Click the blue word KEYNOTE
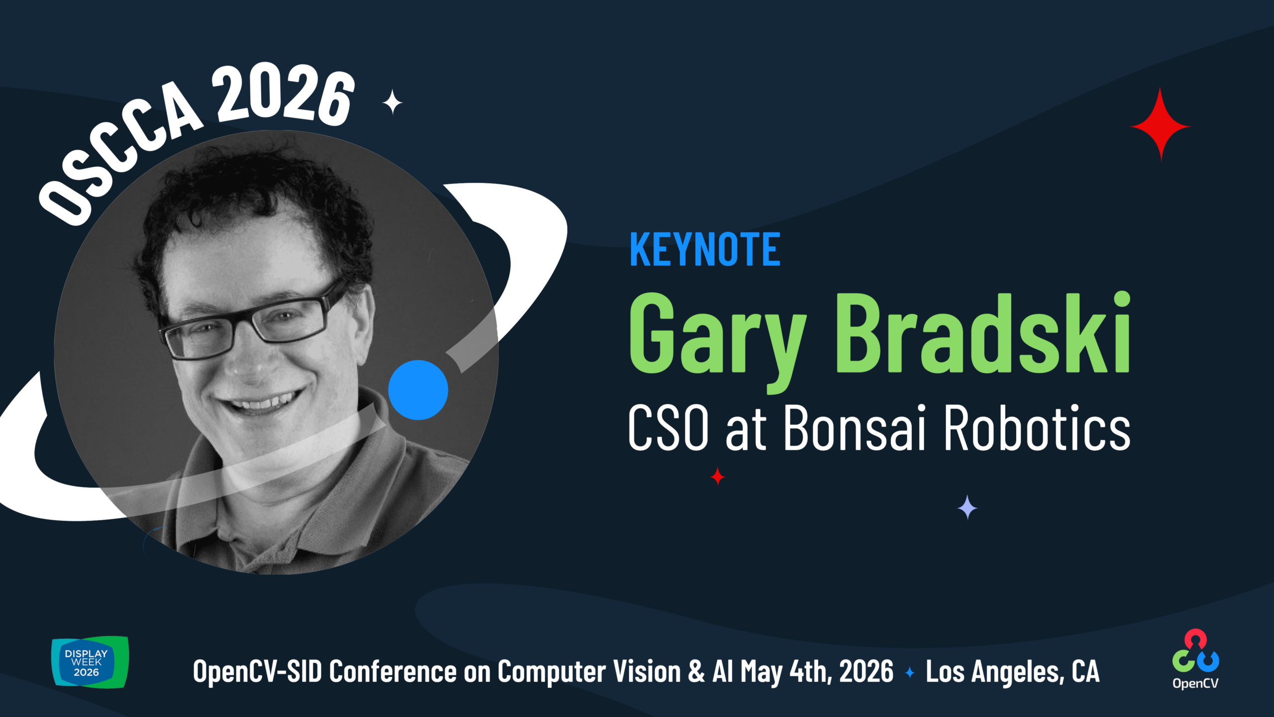pyautogui.click(x=705, y=249)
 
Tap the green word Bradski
pyautogui.click(x=983, y=333)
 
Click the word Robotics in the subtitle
pyautogui.click(x=1037, y=427)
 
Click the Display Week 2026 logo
pyautogui.click(x=90, y=662)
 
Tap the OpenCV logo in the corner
pyautogui.click(x=1196, y=659)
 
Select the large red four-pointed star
pyautogui.click(x=1161, y=125)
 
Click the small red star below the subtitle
pyautogui.click(x=718, y=477)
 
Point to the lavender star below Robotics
pyautogui.click(x=967, y=507)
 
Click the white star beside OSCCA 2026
pyautogui.click(x=393, y=102)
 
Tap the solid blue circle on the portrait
pyautogui.click(x=418, y=390)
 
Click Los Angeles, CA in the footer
pyautogui.click(x=1012, y=672)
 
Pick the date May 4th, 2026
pyautogui.click(x=817, y=672)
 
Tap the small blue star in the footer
pyautogui.click(x=910, y=673)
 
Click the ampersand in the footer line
pyautogui.click(x=697, y=672)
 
